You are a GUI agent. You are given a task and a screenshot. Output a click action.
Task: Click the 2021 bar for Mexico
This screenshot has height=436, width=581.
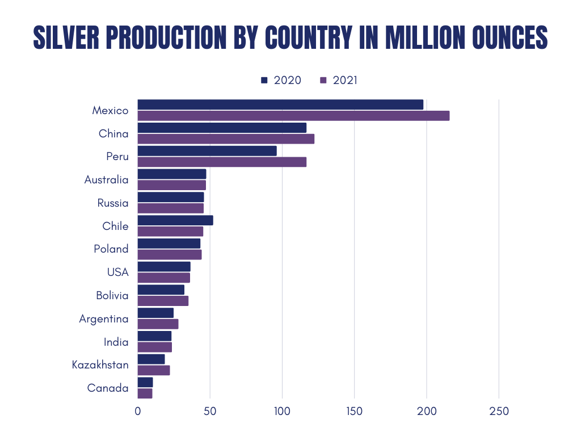click(293, 116)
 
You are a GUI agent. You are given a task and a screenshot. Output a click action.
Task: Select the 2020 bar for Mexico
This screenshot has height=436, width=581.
click(280, 104)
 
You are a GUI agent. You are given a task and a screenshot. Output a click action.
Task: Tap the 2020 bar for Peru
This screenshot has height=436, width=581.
click(207, 151)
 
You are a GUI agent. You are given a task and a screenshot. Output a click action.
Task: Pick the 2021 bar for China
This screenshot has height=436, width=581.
click(226, 139)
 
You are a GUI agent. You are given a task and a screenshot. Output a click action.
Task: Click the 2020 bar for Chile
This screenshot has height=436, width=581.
click(175, 220)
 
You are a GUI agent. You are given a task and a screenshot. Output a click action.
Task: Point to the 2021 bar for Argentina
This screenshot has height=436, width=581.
click(158, 324)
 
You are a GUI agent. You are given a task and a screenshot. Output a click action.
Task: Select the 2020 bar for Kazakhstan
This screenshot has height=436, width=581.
click(151, 359)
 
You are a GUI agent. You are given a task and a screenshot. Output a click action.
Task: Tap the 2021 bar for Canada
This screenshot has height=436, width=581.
click(145, 393)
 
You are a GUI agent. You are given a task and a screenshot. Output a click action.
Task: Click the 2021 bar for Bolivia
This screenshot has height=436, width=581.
click(163, 301)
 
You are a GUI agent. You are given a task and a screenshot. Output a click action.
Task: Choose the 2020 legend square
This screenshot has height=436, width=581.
click(264, 80)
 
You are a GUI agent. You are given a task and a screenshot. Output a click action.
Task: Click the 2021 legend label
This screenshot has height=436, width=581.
click(345, 80)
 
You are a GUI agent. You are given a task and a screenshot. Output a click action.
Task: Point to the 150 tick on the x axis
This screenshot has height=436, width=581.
click(354, 412)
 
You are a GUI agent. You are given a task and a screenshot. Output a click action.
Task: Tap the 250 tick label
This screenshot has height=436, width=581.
click(499, 412)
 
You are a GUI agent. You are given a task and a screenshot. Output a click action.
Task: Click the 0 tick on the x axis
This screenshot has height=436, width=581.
click(138, 412)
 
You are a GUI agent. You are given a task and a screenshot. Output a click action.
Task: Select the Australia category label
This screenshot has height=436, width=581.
click(106, 180)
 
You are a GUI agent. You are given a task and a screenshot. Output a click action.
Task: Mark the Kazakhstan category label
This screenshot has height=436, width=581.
click(100, 365)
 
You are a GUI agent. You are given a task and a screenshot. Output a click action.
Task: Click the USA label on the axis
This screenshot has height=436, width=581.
click(117, 272)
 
